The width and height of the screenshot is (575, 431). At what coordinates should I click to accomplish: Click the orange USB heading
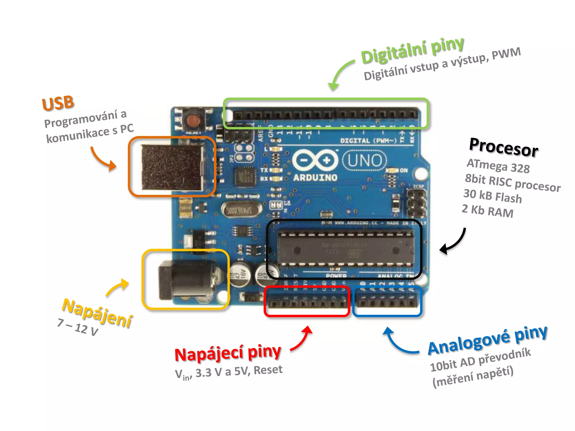[58, 103]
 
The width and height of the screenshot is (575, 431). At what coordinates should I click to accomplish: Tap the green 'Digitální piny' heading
[412, 51]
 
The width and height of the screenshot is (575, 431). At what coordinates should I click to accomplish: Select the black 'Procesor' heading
[504, 147]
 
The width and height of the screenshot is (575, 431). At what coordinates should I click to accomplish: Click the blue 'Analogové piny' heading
[487, 340]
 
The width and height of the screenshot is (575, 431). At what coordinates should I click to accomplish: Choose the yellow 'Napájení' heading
[97, 313]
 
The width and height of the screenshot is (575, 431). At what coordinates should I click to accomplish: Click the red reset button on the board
[193, 121]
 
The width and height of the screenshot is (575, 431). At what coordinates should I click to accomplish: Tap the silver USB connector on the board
[173, 167]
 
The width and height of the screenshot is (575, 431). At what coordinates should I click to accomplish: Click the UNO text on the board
[365, 161]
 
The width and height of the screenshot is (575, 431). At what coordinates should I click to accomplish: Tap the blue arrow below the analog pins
[399, 342]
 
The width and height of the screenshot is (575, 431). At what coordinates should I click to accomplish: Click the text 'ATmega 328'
[498, 166]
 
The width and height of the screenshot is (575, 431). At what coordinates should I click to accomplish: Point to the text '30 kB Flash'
[492, 196]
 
